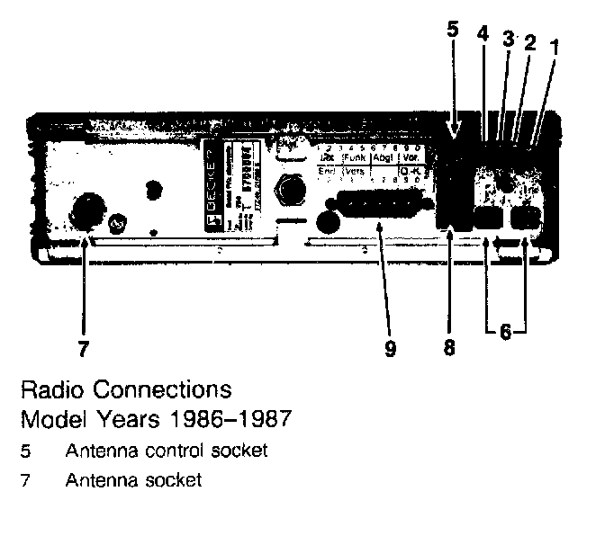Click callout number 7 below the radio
(x=84, y=346)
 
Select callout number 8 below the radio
(x=449, y=347)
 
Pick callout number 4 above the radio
(x=483, y=33)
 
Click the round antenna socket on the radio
(x=87, y=211)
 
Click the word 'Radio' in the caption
(x=50, y=391)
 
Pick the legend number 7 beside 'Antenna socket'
(x=24, y=479)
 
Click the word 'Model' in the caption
(x=50, y=419)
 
